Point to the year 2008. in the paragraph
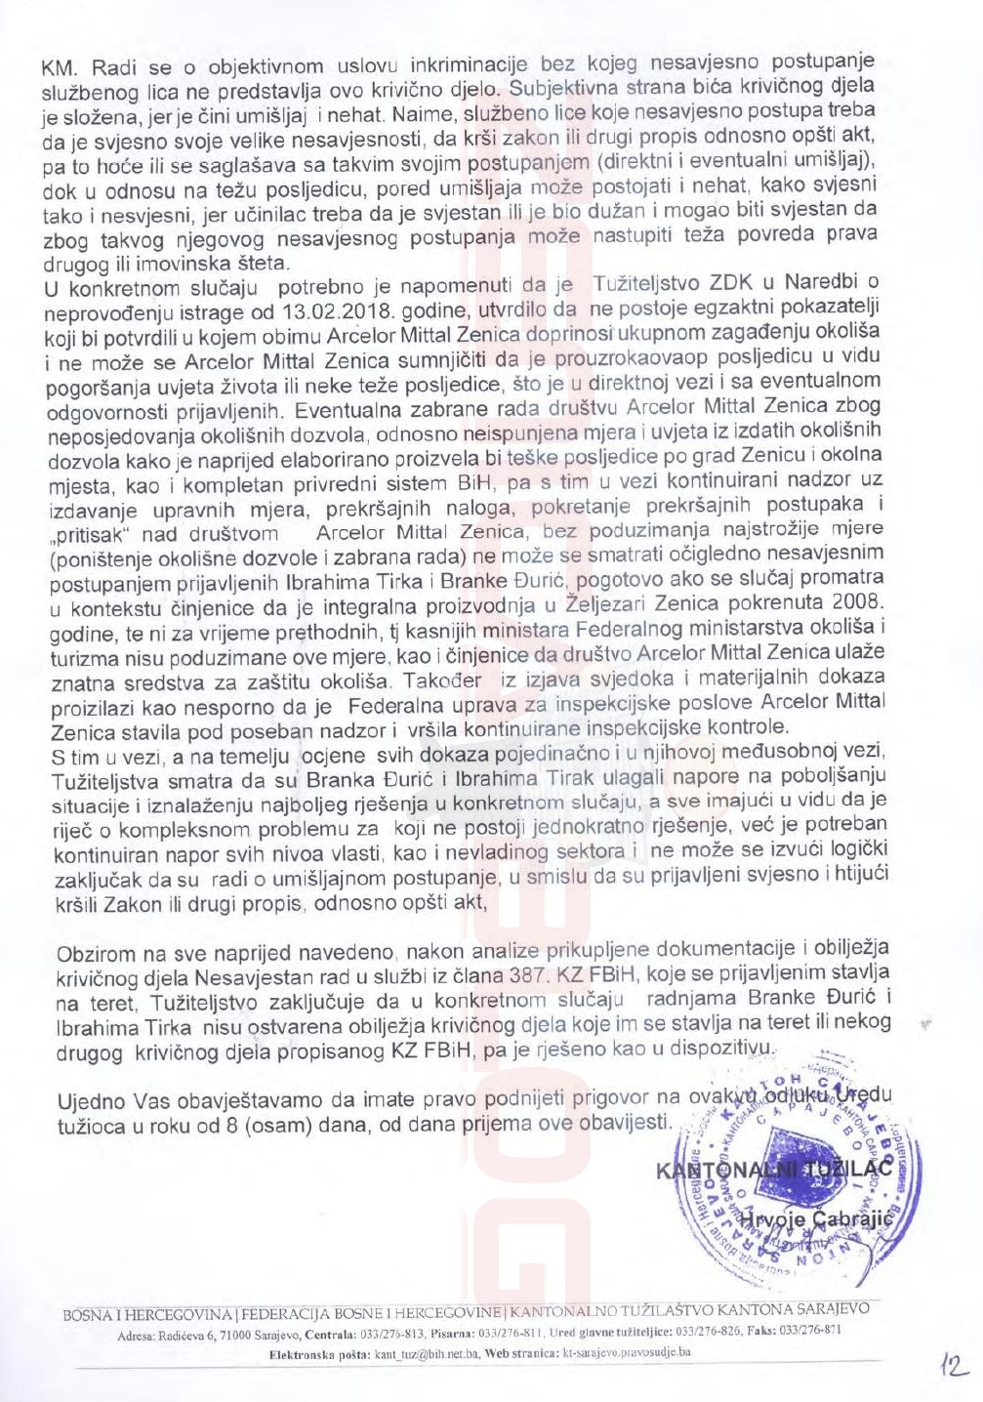click(x=858, y=604)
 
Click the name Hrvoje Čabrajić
click(x=809, y=1219)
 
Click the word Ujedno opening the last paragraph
click(x=91, y=1100)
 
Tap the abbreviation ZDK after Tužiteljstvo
click(x=731, y=284)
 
